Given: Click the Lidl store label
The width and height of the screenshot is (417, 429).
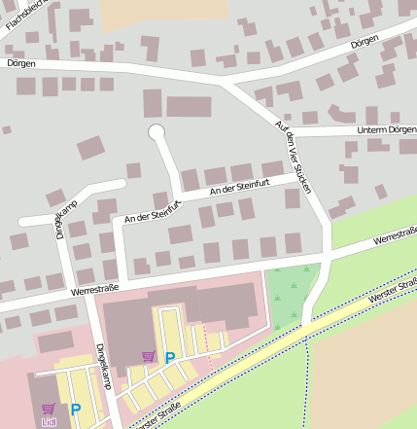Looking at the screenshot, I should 49,423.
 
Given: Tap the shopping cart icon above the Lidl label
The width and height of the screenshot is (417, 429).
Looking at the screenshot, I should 49,409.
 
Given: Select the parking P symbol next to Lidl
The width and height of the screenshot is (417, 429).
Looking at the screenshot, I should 75,410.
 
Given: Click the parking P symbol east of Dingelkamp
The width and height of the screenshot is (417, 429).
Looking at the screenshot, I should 169,358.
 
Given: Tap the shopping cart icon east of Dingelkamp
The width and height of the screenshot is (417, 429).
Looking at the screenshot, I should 148,356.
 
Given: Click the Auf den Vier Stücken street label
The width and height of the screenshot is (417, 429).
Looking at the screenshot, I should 294,156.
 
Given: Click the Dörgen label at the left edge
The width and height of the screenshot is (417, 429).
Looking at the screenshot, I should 20,63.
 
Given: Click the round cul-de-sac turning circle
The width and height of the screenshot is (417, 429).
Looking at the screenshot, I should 156,131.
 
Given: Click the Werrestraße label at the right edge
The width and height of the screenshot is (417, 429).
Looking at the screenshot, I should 395,237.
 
